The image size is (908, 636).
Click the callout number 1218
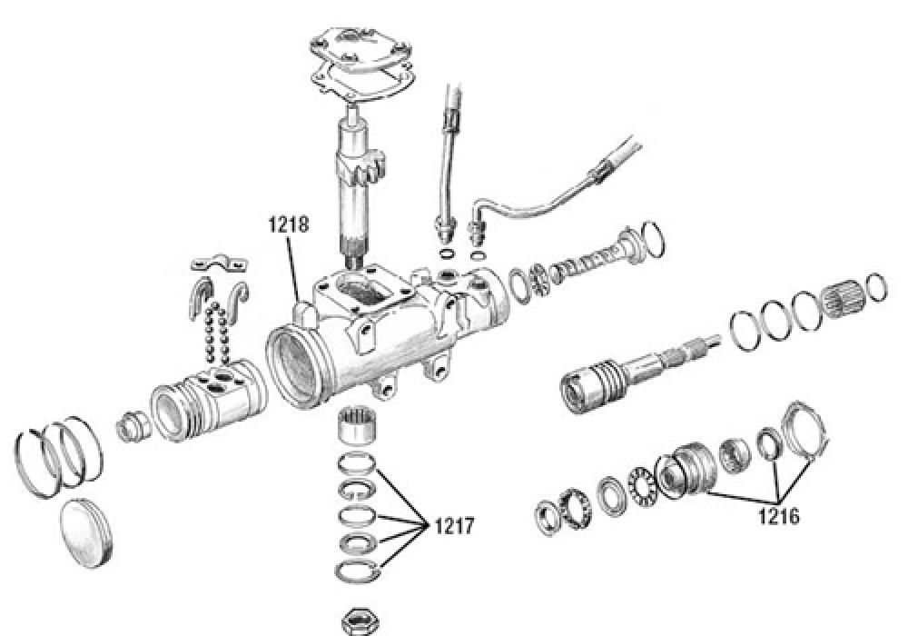tap(289, 224)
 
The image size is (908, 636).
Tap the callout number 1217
tap(454, 526)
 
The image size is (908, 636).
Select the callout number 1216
tap(779, 515)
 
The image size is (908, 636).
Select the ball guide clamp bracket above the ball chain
tap(220, 263)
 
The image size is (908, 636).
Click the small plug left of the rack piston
tap(133, 427)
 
